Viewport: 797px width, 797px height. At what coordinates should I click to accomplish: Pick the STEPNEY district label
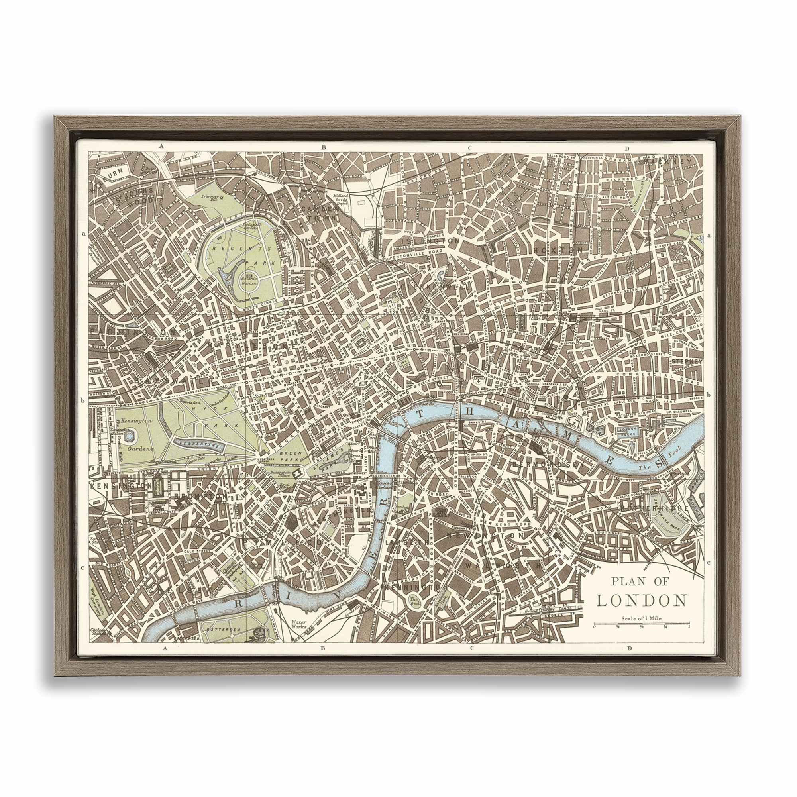click(687, 361)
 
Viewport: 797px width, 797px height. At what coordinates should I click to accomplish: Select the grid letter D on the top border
click(626, 149)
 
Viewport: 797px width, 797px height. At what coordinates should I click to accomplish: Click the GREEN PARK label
click(289, 453)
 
